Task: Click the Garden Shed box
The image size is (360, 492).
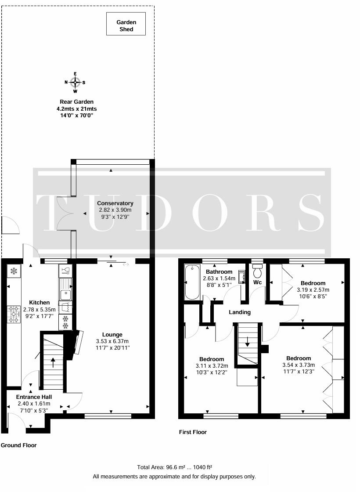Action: tap(126, 24)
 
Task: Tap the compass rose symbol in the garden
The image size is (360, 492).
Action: tap(75, 82)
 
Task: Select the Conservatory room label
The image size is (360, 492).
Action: tap(115, 203)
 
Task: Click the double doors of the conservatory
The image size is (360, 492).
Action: tap(65, 213)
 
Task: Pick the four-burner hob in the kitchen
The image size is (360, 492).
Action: tap(14, 314)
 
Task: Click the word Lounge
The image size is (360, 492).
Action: tap(112, 334)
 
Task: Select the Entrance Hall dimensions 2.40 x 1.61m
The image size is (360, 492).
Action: tap(34, 404)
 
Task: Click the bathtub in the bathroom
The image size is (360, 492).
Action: tap(192, 282)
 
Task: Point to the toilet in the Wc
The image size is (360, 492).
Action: tap(257, 272)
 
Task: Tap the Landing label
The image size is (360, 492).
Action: tap(240, 312)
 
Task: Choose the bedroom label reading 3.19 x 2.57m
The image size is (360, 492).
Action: tap(313, 289)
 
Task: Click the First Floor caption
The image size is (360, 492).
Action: tap(193, 432)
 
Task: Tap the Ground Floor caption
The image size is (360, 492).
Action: tap(18, 445)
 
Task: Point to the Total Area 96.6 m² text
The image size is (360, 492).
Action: tap(175, 468)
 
